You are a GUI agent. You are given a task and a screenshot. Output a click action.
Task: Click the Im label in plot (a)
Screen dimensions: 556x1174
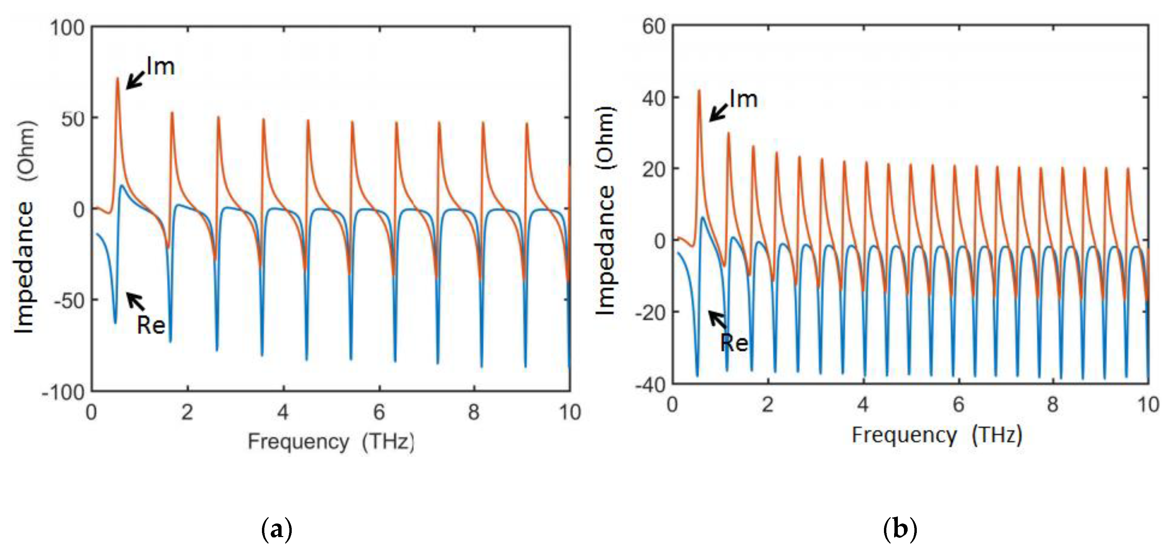(x=161, y=67)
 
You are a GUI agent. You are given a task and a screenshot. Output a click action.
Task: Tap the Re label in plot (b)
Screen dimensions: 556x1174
(x=734, y=343)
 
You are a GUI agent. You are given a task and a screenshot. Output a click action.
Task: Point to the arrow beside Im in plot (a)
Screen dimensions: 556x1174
(x=135, y=81)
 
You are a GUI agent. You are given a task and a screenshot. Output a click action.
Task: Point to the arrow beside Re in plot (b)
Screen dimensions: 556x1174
(x=717, y=319)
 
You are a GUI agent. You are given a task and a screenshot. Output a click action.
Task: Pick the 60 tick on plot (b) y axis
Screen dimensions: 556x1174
(x=654, y=27)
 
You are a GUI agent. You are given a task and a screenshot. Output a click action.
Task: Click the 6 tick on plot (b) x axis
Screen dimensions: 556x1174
(x=958, y=405)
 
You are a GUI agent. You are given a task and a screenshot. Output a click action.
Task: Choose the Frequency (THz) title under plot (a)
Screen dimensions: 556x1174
(x=331, y=442)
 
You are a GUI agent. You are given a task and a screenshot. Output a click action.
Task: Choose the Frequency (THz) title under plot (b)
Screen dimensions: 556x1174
(x=937, y=435)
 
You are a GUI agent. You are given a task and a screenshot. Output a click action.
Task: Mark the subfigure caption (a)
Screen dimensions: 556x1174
(x=276, y=530)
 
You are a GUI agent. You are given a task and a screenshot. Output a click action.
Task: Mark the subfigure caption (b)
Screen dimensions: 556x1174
(x=900, y=530)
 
